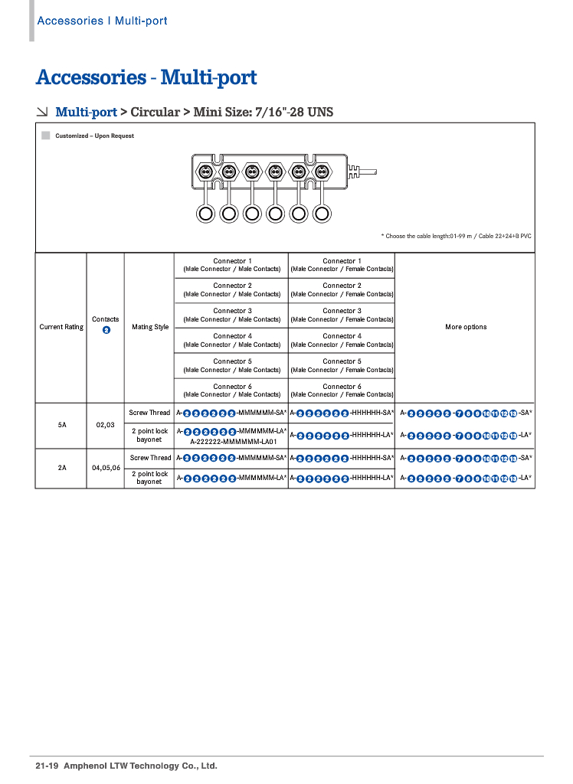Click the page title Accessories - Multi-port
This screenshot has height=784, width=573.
[146, 77]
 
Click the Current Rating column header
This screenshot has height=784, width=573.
[61, 327]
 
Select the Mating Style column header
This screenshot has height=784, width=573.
[150, 327]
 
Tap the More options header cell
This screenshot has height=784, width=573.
[466, 327]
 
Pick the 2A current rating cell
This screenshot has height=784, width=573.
[61, 466]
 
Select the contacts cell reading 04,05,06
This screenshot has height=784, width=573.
[106, 466]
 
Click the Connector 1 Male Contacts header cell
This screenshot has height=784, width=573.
[232, 265]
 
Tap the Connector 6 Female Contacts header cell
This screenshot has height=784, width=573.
[342, 390]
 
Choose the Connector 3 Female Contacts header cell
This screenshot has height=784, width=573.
[342, 315]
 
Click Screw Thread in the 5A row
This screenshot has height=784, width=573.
[149, 413]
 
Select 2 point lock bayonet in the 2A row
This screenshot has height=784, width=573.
[149, 478]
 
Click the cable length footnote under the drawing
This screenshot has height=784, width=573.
[456, 236]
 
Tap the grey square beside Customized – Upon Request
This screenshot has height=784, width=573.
[46, 136]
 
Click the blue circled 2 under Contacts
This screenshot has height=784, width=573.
[106, 330]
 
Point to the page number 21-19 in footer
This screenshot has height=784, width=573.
[47, 766]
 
